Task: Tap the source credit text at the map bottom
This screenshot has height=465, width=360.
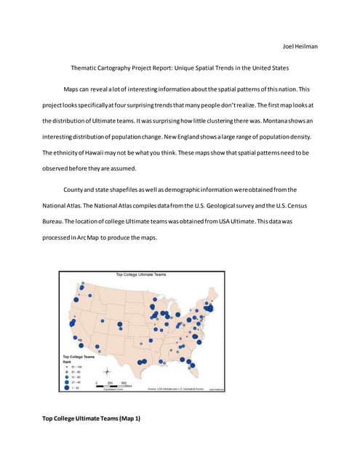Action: click(175, 389)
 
